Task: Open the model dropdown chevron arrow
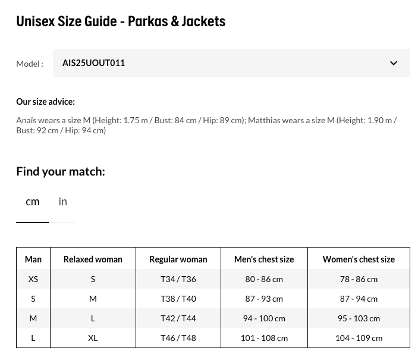[x=394, y=63]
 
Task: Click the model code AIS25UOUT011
[x=93, y=63]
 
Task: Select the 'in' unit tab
[x=63, y=202]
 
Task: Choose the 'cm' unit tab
[x=33, y=202]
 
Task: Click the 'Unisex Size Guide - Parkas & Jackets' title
[x=121, y=21]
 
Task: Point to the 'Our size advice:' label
[x=45, y=102]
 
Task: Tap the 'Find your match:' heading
[x=61, y=171]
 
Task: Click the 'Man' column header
[x=33, y=259]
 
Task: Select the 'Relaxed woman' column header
[x=93, y=259]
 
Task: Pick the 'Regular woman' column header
[x=178, y=259]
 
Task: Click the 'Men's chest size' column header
[x=264, y=259]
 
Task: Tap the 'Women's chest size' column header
[x=359, y=259]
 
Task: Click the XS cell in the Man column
[x=33, y=279]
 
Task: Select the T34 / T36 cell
[x=178, y=279]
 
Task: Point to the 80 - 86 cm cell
[x=264, y=279]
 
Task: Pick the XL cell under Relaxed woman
[x=93, y=338]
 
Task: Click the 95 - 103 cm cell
[x=359, y=318]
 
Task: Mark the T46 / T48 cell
[x=178, y=338]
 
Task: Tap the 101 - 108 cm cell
[x=264, y=338]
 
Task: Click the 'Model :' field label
[x=30, y=64]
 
